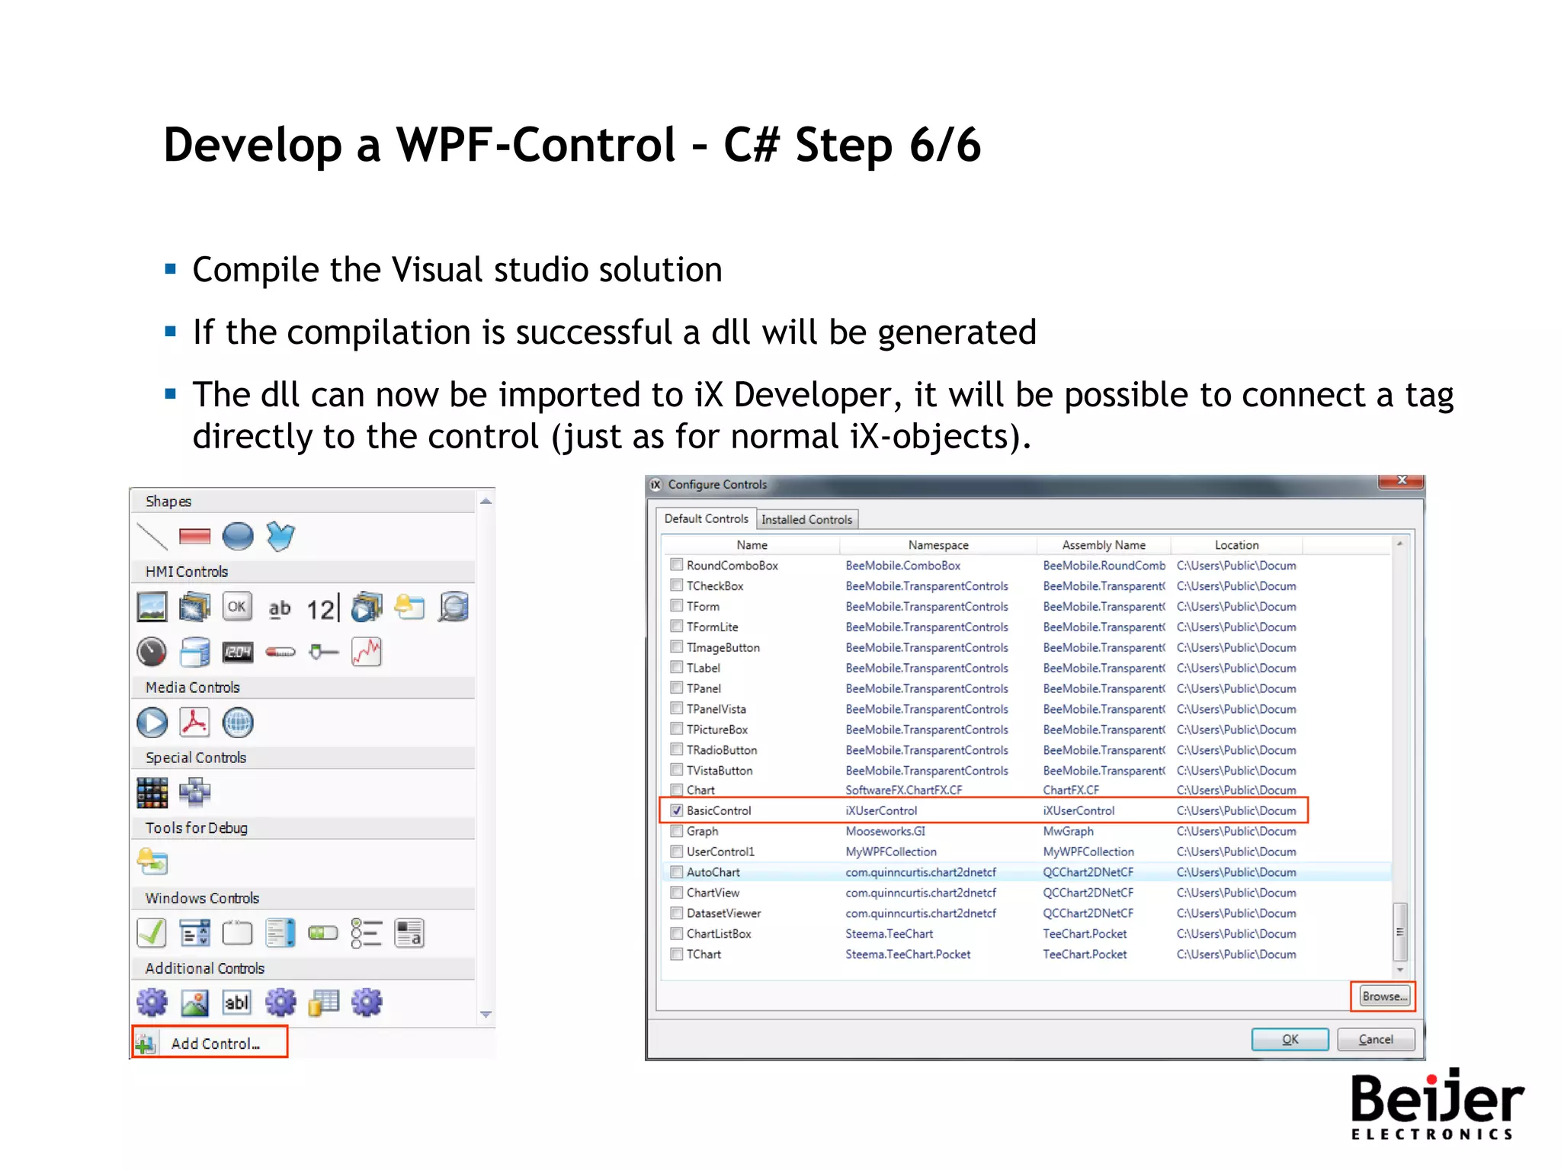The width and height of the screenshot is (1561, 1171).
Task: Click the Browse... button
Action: [x=1383, y=996]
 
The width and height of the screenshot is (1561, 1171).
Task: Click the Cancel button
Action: [x=1375, y=1039]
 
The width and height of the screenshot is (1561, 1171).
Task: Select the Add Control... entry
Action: [x=210, y=1043]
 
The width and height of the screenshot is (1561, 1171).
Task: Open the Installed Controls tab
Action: [x=806, y=519]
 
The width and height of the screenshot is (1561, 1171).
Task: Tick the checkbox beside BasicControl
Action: [x=676, y=810]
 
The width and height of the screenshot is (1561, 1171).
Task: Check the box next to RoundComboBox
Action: [x=676, y=565]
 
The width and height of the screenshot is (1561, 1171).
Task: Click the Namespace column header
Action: [x=938, y=545]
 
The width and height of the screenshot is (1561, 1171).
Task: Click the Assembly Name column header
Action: [x=1103, y=545]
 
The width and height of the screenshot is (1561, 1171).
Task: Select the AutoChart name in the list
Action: [x=713, y=872]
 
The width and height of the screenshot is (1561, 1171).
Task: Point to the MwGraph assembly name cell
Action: [x=1068, y=831]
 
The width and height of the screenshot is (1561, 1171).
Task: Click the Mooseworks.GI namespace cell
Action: [x=885, y=831]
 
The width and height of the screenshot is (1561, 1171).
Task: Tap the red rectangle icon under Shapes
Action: [x=194, y=537]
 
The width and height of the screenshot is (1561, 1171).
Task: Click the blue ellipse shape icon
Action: [x=238, y=537]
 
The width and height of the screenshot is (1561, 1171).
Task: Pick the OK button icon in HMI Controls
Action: [x=237, y=607]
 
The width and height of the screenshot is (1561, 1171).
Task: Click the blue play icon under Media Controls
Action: [x=152, y=723]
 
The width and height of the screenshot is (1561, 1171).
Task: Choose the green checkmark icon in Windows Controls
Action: [x=152, y=932]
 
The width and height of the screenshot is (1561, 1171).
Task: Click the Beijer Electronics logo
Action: [x=1436, y=1104]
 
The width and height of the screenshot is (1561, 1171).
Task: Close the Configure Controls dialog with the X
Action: [x=1401, y=481]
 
